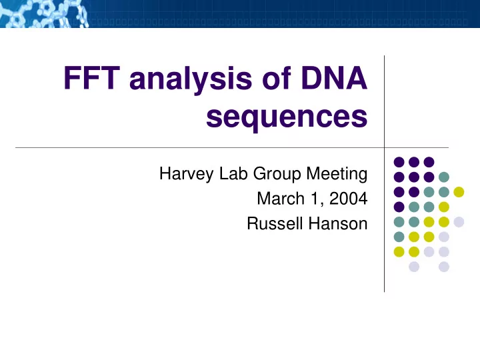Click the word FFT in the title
pyautogui.click(x=91, y=78)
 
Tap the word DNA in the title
pyautogui.click(x=334, y=78)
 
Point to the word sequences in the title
pyautogui.click(x=287, y=117)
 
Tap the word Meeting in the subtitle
pyautogui.click(x=337, y=174)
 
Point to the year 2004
pyautogui.click(x=349, y=199)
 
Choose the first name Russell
pyautogui.click(x=275, y=223)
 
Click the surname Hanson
pyautogui.click(x=337, y=223)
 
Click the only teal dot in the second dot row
pyautogui.click(x=444, y=177)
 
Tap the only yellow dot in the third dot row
pyautogui.click(x=459, y=192)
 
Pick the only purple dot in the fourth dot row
pyautogui.click(x=399, y=207)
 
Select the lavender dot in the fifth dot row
pyautogui.click(x=459, y=222)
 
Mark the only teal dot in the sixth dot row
pyautogui.click(x=399, y=237)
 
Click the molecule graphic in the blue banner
pyautogui.click(x=45, y=14)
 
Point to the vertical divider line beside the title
pyautogui.click(x=384, y=174)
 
